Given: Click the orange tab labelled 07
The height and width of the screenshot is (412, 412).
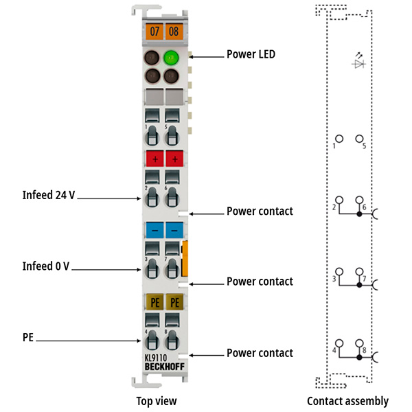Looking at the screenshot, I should (x=154, y=31).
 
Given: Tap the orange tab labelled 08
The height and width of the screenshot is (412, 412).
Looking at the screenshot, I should (x=174, y=31).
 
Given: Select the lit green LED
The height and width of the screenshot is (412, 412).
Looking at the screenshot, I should (x=172, y=58).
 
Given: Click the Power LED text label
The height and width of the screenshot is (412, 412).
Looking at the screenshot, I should (x=251, y=54).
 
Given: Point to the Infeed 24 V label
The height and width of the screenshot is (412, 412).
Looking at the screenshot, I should (x=47, y=195).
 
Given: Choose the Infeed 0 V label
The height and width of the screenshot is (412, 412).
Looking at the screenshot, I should (x=45, y=266).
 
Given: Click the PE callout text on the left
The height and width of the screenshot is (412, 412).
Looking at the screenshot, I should (x=28, y=337).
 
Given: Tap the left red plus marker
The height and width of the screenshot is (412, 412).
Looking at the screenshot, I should (x=154, y=159).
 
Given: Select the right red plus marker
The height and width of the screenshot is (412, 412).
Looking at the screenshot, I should (x=175, y=159).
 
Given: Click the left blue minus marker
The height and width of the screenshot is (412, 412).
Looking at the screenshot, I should (x=154, y=230).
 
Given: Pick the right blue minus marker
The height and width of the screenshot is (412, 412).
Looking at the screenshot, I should (x=175, y=230).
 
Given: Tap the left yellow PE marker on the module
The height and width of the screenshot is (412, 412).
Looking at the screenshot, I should (x=154, y=301).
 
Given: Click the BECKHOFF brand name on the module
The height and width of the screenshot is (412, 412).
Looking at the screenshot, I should (x=165, y=367).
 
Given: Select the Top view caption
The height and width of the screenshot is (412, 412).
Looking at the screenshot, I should (x=157, y=401).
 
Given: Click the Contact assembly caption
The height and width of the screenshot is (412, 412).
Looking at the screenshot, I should (x=347, y=401).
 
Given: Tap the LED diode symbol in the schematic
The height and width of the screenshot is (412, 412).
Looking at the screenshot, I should (x=357, y=62).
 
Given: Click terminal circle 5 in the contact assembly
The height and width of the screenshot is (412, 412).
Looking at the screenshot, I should (x=358, y=139).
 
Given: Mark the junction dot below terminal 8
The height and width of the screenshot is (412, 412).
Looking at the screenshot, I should (x=358, y=356).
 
